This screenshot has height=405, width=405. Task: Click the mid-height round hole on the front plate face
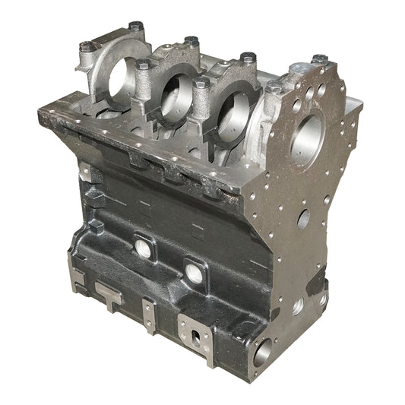(303, 220)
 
